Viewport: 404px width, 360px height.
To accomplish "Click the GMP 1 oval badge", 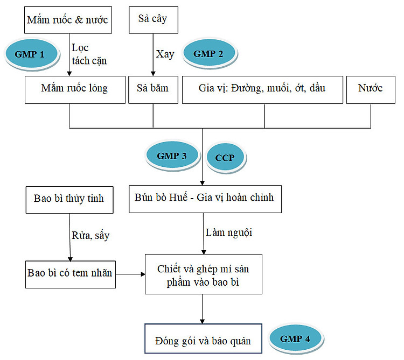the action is (31, 54).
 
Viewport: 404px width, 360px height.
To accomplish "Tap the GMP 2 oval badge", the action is (209, 53).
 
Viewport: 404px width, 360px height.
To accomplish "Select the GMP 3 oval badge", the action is (172, 156).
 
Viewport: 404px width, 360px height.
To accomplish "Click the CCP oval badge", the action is (225, 157).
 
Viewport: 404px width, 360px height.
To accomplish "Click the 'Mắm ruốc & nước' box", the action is (68, 20).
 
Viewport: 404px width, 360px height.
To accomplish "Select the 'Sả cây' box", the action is (154, 20).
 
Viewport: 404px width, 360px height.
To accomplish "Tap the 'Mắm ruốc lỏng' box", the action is (75, 89).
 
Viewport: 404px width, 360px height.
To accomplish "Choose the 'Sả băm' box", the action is (153, 89).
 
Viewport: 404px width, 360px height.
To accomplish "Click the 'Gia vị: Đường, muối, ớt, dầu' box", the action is (262, 89).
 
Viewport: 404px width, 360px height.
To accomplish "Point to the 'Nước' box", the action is (371, 89).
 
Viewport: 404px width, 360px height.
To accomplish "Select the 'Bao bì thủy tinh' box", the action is (69, 200).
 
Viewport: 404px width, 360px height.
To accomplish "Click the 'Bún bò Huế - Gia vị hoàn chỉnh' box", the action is (205, 199).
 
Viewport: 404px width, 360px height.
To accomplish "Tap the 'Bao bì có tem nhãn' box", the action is (71, 274).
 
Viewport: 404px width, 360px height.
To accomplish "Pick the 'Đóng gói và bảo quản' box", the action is (203, 338).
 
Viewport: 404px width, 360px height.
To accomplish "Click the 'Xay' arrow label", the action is (165, 54).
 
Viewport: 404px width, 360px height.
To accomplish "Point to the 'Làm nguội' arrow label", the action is (229, 233).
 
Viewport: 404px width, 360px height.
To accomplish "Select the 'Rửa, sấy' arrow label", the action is (90, 236).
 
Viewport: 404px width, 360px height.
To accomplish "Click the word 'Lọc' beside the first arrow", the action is (80, 48).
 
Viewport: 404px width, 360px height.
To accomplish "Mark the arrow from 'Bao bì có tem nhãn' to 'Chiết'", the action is (130, 274).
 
